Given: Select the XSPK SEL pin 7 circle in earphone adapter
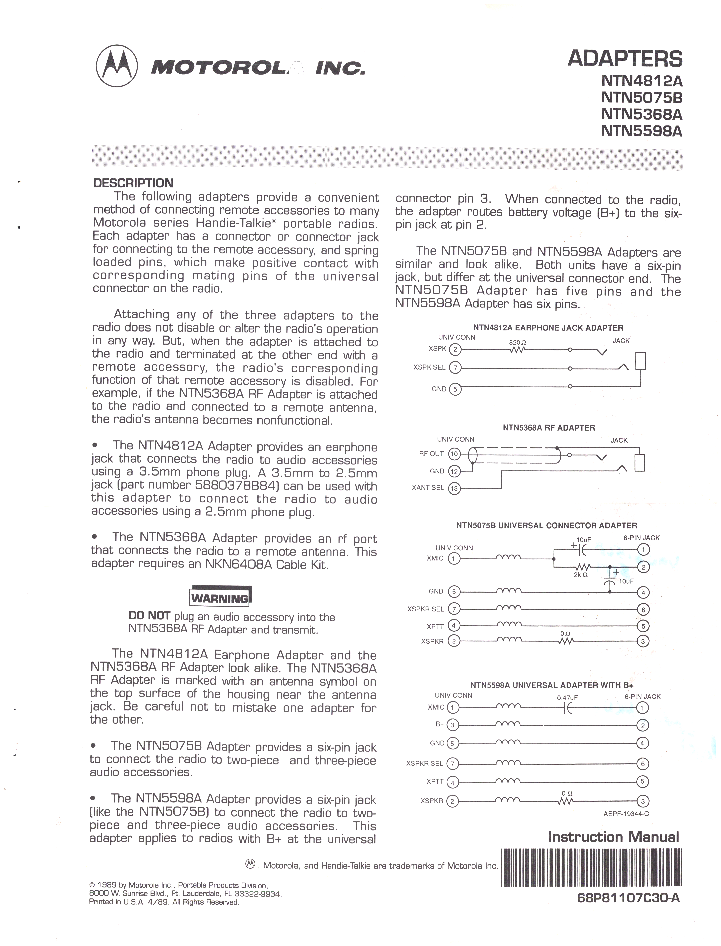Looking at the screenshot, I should [455, 368].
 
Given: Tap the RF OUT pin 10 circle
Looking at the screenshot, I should [454, 454].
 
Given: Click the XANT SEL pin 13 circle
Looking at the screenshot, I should [454, 488].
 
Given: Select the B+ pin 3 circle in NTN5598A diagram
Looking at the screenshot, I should [453, 725].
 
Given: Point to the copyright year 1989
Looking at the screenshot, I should [107, 885].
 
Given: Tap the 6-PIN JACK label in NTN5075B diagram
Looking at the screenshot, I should [642, 538].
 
